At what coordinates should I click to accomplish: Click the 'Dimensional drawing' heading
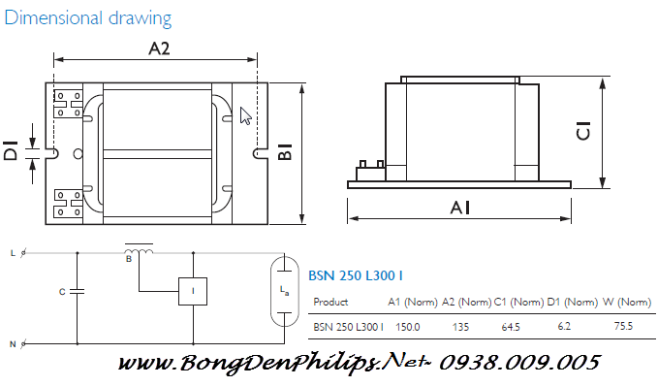click(89, 17)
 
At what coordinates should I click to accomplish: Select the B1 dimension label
click(285, 152)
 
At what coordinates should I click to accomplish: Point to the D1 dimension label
click(11, 151)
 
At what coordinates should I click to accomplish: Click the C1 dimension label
click(583, 130)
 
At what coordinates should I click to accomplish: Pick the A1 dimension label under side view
click(461, 207)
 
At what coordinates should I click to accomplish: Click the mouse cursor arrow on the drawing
click(245, 116)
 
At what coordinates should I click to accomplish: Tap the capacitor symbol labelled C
click(78, 290)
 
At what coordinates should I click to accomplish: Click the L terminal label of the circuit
click(13, 253)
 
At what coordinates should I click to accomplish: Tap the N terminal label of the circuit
click(13, 343)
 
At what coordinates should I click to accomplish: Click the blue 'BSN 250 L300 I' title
click(357, 275)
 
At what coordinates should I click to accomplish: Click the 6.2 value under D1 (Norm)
click(564, 327)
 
